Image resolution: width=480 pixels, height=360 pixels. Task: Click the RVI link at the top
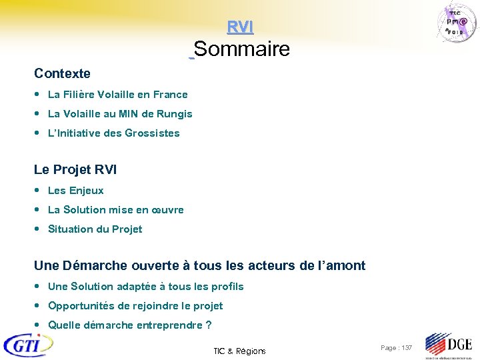pos(240,27)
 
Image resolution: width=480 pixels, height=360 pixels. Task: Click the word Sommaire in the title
pos(242,49)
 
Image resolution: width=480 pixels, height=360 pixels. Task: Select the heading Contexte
pos(62,73)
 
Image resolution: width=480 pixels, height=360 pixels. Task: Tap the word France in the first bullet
pos(171,95)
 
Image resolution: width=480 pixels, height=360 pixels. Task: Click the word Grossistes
pos(152,133)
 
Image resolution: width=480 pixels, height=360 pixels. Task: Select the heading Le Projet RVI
pos(75,170)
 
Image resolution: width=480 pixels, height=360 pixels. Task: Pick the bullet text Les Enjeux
pos(76,191)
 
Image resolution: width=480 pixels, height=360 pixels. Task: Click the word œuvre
pos(168,210)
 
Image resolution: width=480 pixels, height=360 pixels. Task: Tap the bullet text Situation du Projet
pos(95,229)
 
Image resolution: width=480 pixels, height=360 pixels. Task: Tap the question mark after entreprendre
pos(209,325)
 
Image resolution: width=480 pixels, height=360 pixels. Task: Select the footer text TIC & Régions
pos(239,351)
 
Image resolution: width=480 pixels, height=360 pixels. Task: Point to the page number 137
pos(405,348)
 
